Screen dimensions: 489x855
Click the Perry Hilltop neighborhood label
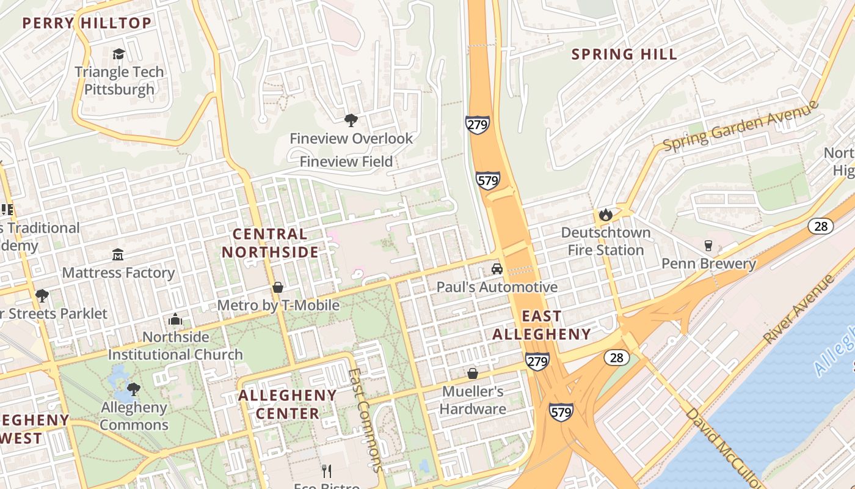[x=87, y=24]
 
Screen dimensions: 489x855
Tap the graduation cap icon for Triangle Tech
[x=118, y=54]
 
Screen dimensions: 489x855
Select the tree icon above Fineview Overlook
[x=351, y=120]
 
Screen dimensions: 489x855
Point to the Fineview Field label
[x=346, y=162]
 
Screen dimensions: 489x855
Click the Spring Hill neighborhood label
[x=624, y=54]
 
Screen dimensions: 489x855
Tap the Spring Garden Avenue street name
[x=740, y=125]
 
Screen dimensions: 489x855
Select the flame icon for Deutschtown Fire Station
[x=605, y=215]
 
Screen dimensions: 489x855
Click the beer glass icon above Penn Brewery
[x=708, y=246]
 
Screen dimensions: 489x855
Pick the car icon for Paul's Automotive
[x=497, y=269]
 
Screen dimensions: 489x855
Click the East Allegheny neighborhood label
[x=542, y=325]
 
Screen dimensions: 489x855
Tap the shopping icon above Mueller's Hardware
[x=472, y=373]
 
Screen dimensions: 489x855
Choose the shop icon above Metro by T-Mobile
[x=278, y=287]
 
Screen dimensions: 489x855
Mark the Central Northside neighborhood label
[x=270, y=243]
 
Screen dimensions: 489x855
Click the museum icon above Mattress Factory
[x=118, y=254]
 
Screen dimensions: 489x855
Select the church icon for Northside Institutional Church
[x=175, y=319]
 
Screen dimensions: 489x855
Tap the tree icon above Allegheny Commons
[x=133, y=389]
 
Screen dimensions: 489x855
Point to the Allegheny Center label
[x=287, y=404]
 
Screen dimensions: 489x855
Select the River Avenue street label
[x=798, y=309]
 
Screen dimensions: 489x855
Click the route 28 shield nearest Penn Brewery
[x=820, y=226]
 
